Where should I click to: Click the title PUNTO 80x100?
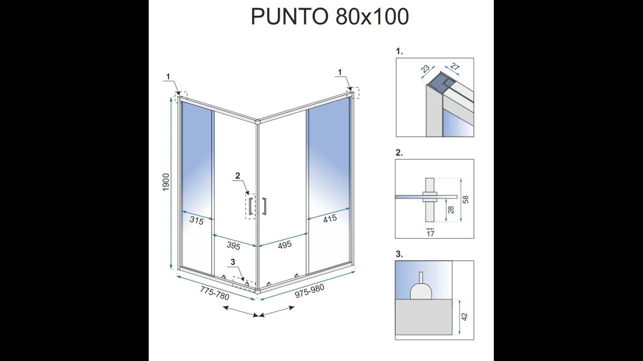(x=330, y=17)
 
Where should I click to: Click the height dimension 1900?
(x=166, y=183)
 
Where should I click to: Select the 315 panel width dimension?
(x=196, y=221)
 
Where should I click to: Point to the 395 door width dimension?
(x=234, y=246)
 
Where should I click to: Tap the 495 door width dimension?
(x=285, y=244)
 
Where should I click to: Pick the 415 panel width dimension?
(x=330, y=219)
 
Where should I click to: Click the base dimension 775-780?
(x=215, y=294)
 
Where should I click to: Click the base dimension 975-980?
(x=310, y=291)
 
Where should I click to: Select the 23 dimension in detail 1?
(x=425, y=69)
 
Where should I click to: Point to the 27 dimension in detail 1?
(x=455, y=67)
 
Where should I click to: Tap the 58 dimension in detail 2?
(x=466, y=200)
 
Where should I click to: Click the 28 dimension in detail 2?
(x=451, y=210)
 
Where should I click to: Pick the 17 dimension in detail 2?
(x=431, y=234)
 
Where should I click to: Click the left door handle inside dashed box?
(x=251, y=206)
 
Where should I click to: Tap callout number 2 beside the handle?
(x=238, y=175)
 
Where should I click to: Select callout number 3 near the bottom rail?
(x=233, y=262)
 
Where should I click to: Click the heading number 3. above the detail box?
(x=399, y=254)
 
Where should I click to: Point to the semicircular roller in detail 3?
(x=421, y=291)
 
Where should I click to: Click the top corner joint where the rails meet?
(x=258, y=122)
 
